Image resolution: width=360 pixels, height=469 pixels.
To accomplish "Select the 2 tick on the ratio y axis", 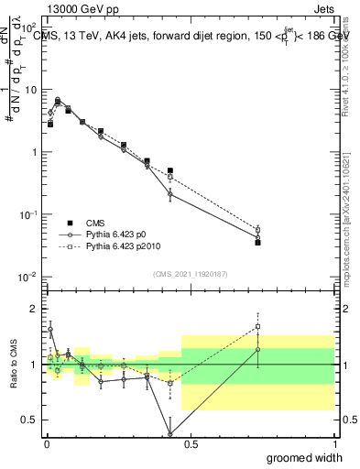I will tap(33, 308).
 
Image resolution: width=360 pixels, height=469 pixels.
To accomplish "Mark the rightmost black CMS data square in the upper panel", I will tap(257, 243).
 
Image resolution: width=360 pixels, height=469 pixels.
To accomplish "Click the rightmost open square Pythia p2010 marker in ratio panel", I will tap(257, 326).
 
